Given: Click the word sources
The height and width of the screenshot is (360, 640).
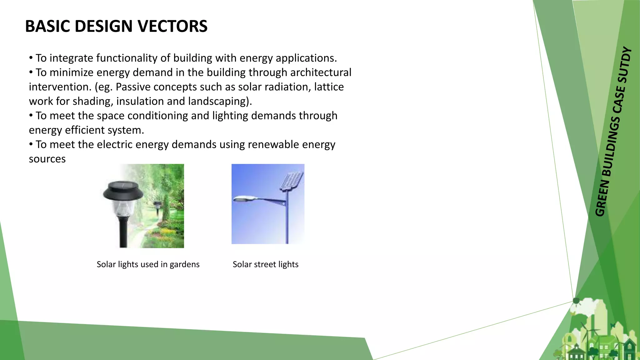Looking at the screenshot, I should (x=47, y=159).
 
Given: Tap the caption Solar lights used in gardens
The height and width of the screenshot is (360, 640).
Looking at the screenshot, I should (x=148, y=264).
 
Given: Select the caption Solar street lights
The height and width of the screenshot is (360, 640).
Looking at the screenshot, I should (x=265, y=264).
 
